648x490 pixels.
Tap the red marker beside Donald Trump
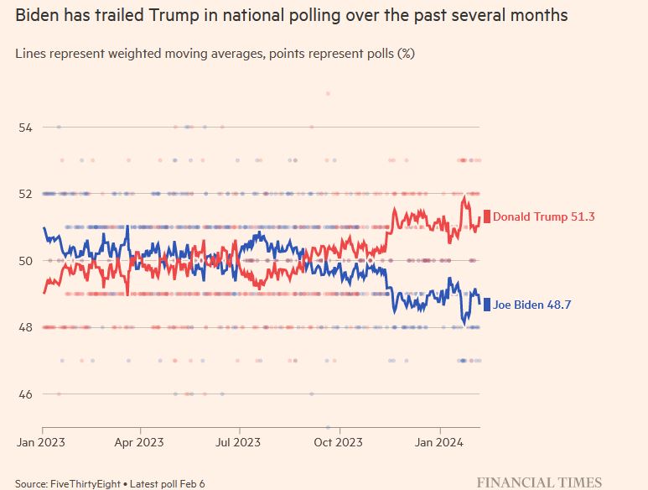pyautogui.click(x=486, y=216)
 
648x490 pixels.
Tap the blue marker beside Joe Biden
pyautogui.click(x=486, y=305)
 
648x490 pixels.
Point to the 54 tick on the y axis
pyautogui.click(x=25, y=127)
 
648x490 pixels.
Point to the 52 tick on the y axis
pyautogui.click(x=25, y=194)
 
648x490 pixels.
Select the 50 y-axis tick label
pyautogui.click(x=25, y=260)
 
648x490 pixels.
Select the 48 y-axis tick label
pyautogui.click(x=25, y=327)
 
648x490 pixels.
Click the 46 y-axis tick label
pyautogui.click(x=25, y=394)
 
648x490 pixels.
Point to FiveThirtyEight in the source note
pyautogui.click(x=86, y=484)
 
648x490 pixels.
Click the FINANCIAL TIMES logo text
pyautogui.click(x=539, y=482)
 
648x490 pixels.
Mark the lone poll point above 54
pyautogui.click(x=328, y=93)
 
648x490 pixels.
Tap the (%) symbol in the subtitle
pyautogui.click(x=405, y=53)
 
